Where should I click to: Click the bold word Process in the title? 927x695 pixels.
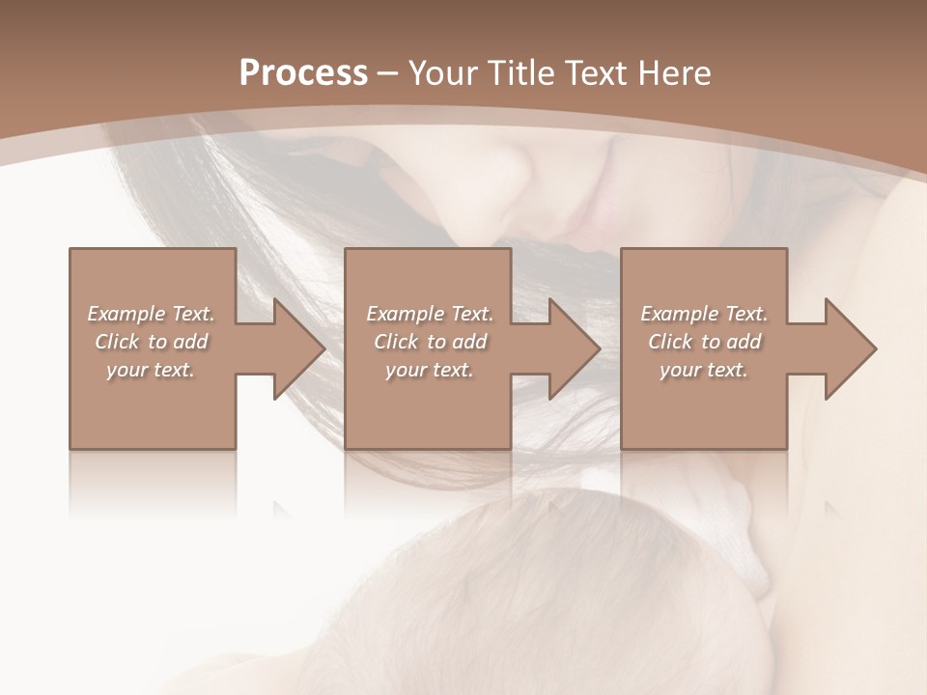click(303, 72)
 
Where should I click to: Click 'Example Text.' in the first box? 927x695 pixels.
click(152, 314)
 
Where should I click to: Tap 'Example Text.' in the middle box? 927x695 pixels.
click(430, 314)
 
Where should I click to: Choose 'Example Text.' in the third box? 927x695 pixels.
click(704, 314)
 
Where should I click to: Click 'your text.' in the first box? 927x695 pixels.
click(152, 370)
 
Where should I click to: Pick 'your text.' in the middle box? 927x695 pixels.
click(430, 370)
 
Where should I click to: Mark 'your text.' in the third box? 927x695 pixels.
click(704, 370)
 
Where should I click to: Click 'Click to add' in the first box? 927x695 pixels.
click(152, 342)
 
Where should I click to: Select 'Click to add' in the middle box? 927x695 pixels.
click(430, 342)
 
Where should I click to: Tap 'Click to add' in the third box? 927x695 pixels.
click(704, 342)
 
